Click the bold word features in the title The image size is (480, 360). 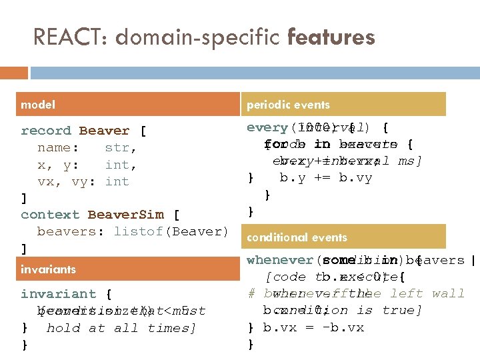(x=331, y=37)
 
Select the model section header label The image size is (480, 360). (x=39, y=105)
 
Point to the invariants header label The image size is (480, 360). (x=48, y=269)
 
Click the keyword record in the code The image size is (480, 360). (x=45, y=131)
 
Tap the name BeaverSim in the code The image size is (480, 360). (x=125, y=215)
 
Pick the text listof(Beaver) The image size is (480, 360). (x=171, y=231)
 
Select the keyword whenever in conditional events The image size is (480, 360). (x=279, y=260)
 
